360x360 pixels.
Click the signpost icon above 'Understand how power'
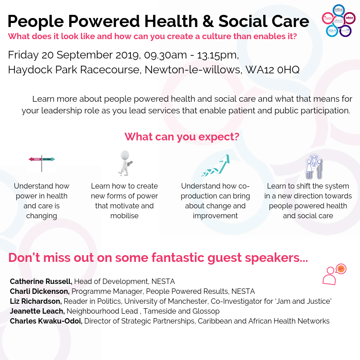point(41,162)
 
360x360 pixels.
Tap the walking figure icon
point(124,163)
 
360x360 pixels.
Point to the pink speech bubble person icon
point(334,274)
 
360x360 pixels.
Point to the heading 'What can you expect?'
point(181,137)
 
